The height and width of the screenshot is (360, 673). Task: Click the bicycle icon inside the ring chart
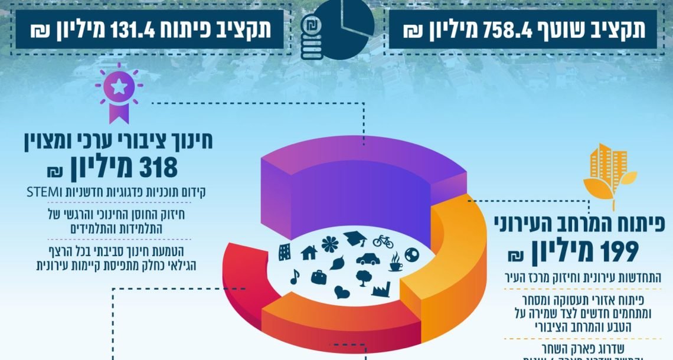click(x=383, y=241)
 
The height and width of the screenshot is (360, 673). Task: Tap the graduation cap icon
click(x=355, y=238)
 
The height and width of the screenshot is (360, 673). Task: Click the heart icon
click(x=342, y=290)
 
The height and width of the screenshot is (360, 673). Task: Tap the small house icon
click(x=309, y=253)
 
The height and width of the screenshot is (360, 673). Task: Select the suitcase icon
click(x=318, y=276)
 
